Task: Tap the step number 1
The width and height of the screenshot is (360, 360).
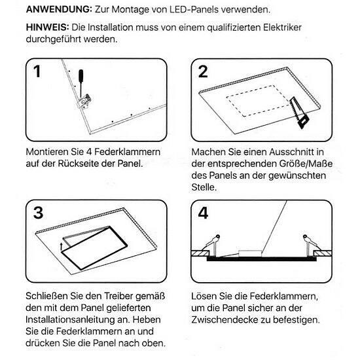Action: pos(37,71)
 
